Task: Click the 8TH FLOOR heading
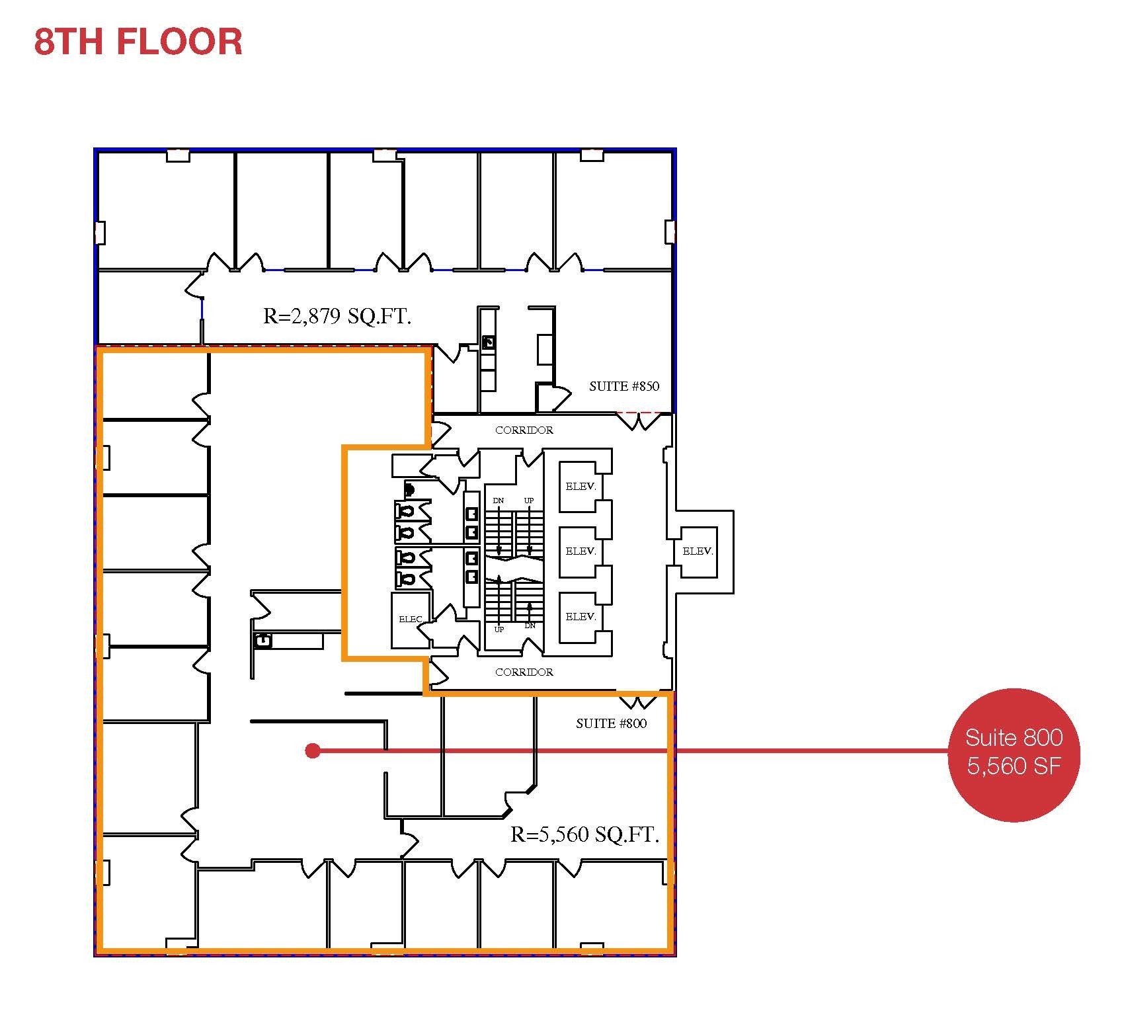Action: pos(138,41)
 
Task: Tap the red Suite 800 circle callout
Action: pos(1013,754)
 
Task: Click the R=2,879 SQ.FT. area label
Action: pos(337,316)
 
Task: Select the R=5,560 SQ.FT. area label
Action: pos(584,834)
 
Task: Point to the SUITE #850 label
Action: pos(623,386)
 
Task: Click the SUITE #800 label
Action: pos(611,723)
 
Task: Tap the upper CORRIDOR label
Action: pos(524,430)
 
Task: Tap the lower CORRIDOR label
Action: pos(524,672)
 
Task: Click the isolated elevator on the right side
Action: pos(698,551)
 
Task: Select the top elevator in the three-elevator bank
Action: pos(581,486)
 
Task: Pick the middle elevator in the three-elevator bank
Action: pos(581,551)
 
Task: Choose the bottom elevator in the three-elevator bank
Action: pos(581,616)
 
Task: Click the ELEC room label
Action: pos(410,620)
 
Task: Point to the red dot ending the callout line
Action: pos(313,750)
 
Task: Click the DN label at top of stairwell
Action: pos(498,501)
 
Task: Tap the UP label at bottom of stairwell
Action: pos(499,629)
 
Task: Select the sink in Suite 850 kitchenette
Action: pos(489,342)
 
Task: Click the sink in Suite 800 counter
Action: pos(264,640)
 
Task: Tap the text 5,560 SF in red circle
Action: pos(1013,766)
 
